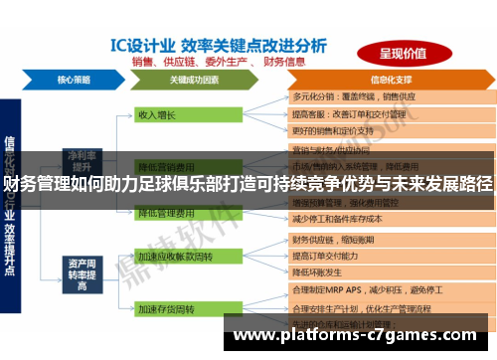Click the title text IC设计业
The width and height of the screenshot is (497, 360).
pos(141,45)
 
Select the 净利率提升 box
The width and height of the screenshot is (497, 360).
pos(80,159)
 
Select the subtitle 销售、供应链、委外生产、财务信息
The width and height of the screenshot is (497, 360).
pos(239,61)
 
